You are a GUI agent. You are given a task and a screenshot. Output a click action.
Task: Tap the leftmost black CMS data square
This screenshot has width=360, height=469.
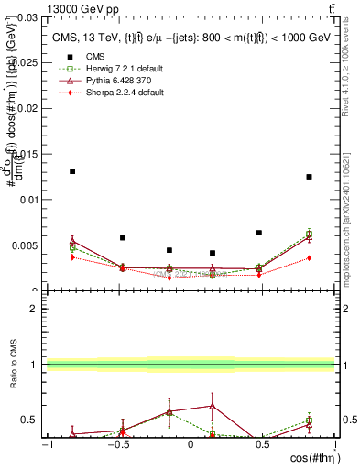[x=72, y=171]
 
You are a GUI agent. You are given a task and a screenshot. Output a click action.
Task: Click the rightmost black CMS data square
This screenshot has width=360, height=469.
[x=310, y=177]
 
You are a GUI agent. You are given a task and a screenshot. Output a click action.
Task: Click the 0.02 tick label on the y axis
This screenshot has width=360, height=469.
[x=29, y=108]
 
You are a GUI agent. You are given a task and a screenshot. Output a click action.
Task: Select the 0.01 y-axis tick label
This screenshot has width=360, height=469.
[x=29, y=200]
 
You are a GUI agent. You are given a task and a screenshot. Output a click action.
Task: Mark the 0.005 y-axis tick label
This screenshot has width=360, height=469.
[x=27, y=245]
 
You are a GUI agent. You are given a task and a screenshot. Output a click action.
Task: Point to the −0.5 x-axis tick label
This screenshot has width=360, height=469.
[x=116, y=445]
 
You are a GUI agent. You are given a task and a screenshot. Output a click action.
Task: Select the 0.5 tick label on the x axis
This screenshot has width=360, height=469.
[x=263, y=445]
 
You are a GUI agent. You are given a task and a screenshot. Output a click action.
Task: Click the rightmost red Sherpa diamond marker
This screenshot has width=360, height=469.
[x=310, y=257]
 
